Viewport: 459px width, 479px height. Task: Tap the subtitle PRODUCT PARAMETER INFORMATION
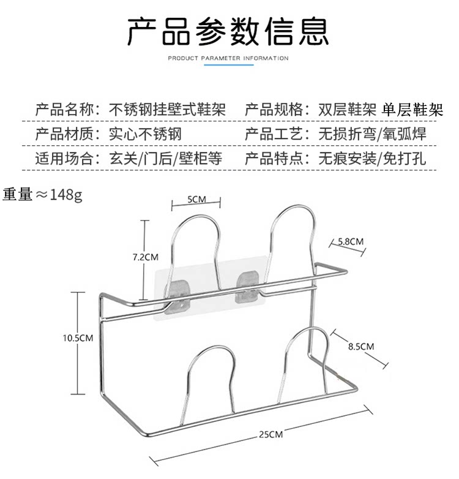228,58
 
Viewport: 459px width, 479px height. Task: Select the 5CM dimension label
195,199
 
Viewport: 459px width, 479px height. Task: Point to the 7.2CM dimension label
146,257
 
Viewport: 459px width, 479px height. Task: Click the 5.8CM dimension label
351,241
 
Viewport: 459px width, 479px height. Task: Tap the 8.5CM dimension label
360,346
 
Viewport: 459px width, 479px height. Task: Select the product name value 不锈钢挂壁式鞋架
166,110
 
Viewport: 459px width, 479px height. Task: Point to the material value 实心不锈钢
144,134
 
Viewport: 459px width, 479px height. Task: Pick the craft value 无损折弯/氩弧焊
372,134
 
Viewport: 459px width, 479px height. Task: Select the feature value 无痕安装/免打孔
372,159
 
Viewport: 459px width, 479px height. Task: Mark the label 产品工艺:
274,134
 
